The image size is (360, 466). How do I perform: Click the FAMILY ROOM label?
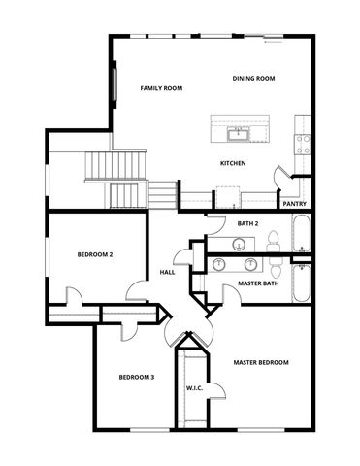click(161, 88)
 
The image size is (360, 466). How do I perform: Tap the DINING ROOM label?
click(255, 78)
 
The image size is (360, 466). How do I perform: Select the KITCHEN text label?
click(233, 163)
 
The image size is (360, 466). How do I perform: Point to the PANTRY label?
click(294, 204)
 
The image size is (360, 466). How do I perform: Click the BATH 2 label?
click(247, 223)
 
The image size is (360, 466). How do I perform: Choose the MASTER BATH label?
click(258, 283)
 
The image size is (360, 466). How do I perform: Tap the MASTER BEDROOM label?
click(261, 362)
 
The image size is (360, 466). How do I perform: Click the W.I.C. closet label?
click(194, 389)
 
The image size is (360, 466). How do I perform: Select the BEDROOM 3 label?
click(137, 377)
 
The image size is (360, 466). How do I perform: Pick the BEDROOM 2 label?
click(95, 254)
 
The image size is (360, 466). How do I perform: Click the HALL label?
click(167, 272)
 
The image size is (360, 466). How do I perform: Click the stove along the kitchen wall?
click(303, 144)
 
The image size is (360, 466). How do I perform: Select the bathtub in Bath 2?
click(302, 235)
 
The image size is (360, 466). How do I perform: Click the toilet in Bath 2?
click(274, 240)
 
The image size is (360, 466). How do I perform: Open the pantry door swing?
click(283, 179)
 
